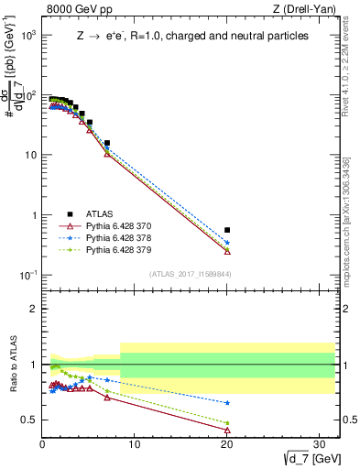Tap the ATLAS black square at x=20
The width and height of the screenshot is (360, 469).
click(x=227, y=230)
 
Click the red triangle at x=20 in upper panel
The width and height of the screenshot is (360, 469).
click(x=227, y=251)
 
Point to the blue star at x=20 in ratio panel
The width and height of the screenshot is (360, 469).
click(x=227, y=402)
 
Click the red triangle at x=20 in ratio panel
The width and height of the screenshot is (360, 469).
click(x=227, y=430)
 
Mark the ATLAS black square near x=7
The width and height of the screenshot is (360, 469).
click(x=107, y=143)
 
